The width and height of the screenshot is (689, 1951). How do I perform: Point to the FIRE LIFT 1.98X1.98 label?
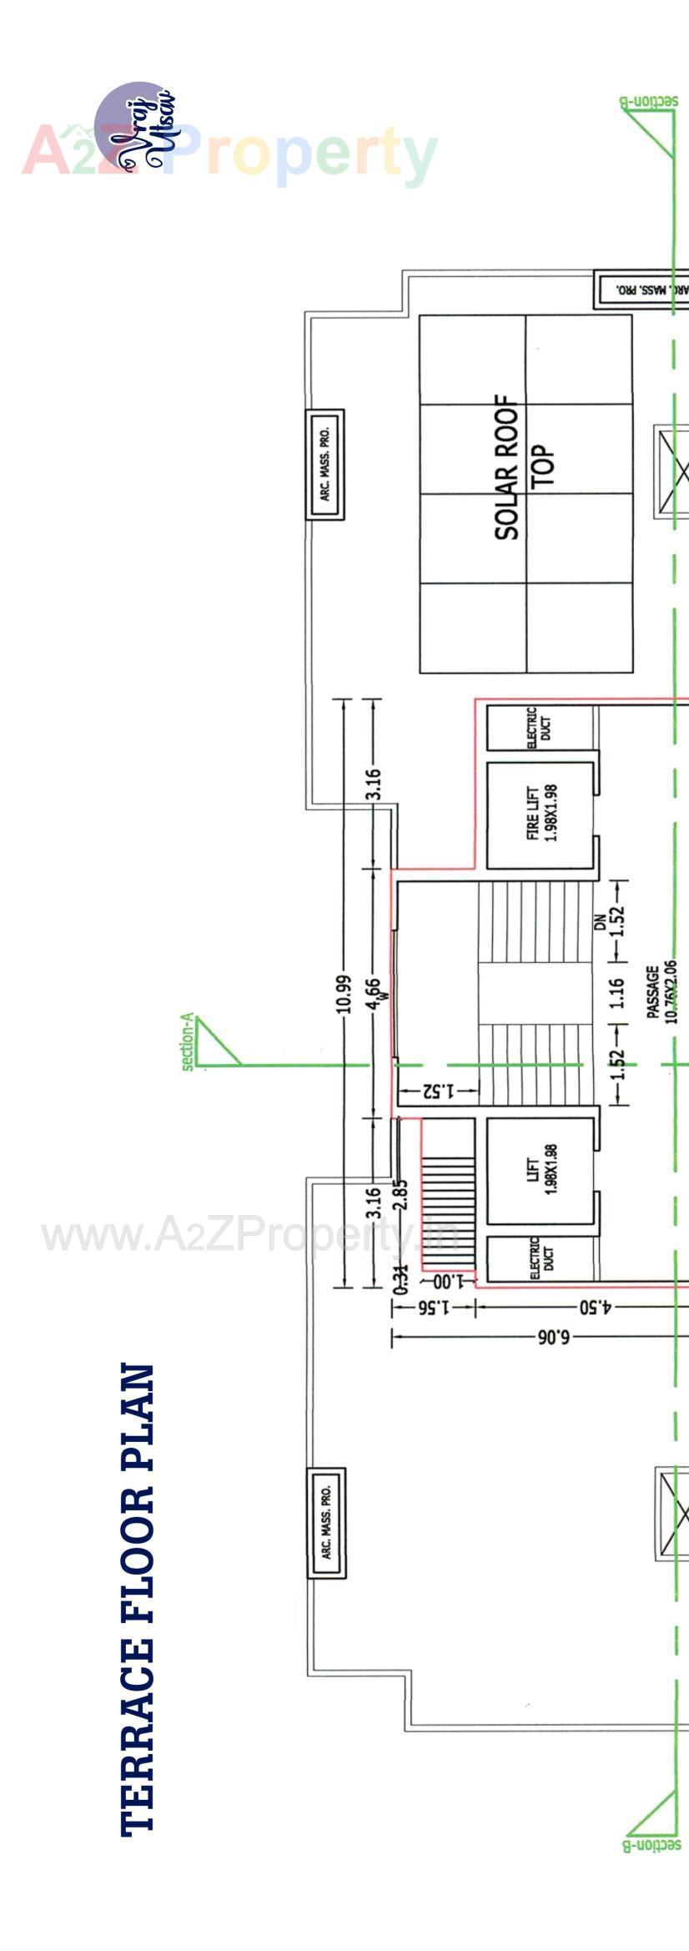click(541, 813)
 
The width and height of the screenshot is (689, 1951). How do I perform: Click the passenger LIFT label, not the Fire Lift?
click(541, 1168)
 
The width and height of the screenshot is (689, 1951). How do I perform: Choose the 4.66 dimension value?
click(374, 993)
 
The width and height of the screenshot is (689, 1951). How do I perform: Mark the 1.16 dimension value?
click(616, 993)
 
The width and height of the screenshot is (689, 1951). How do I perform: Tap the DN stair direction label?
click(600, 922)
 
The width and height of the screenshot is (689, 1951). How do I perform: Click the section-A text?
click(188, 1041)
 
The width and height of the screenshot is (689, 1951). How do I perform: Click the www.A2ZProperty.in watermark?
click(250, 1236)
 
